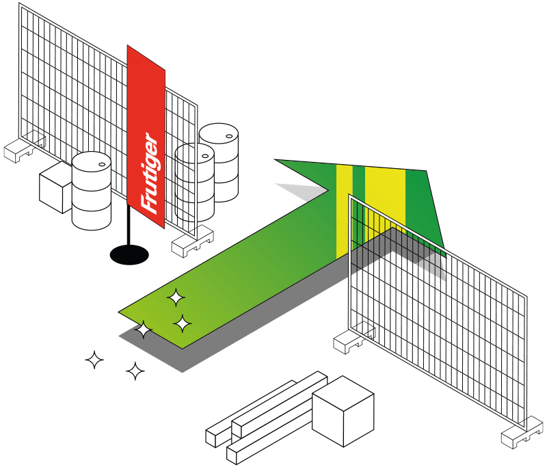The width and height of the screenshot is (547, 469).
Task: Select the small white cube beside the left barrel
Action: point(55,187)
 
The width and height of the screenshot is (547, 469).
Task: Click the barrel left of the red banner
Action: point(92,191)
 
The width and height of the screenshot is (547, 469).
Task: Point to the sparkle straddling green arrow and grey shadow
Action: point(144,331)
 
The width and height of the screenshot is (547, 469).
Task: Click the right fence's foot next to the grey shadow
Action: point(352,338)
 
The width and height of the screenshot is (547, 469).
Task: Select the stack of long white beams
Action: point(267,417)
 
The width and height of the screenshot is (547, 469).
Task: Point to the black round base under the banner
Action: point(129,254)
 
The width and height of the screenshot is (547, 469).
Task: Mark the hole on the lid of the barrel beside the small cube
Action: point(103,164)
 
